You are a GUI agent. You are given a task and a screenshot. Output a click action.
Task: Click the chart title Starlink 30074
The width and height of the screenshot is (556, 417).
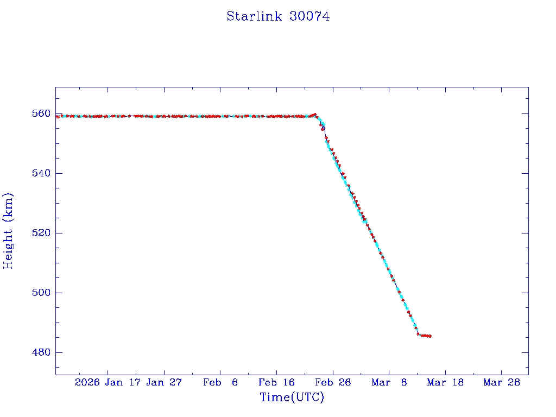278,16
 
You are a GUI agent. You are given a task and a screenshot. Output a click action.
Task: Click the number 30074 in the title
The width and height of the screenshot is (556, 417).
309,16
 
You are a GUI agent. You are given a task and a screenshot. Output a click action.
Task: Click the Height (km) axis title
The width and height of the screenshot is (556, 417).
9,231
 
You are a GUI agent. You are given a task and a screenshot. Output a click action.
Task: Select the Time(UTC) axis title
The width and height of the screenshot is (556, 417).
292,397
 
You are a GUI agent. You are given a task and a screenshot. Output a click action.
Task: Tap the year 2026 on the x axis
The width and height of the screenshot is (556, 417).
87,383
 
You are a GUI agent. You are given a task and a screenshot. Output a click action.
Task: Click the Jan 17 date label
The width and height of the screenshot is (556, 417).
124,383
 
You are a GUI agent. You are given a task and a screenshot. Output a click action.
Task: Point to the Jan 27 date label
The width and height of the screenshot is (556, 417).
165,383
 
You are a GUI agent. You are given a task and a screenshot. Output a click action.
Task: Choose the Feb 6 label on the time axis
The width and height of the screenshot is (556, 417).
220,383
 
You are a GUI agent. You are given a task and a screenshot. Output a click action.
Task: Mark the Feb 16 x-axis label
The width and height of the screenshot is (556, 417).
276,383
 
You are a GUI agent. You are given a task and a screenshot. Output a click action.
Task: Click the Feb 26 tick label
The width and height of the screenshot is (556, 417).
332,383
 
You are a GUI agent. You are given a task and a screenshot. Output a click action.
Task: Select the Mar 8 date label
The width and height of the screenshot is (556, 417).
389,383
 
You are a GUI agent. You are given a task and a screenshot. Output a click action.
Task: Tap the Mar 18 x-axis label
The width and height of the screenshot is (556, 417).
445,383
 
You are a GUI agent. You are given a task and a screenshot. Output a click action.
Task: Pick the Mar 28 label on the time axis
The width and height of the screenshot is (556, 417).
501,383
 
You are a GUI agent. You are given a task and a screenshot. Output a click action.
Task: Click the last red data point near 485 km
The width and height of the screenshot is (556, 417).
430,336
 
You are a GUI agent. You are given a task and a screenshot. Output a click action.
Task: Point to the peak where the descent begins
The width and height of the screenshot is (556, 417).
315,115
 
